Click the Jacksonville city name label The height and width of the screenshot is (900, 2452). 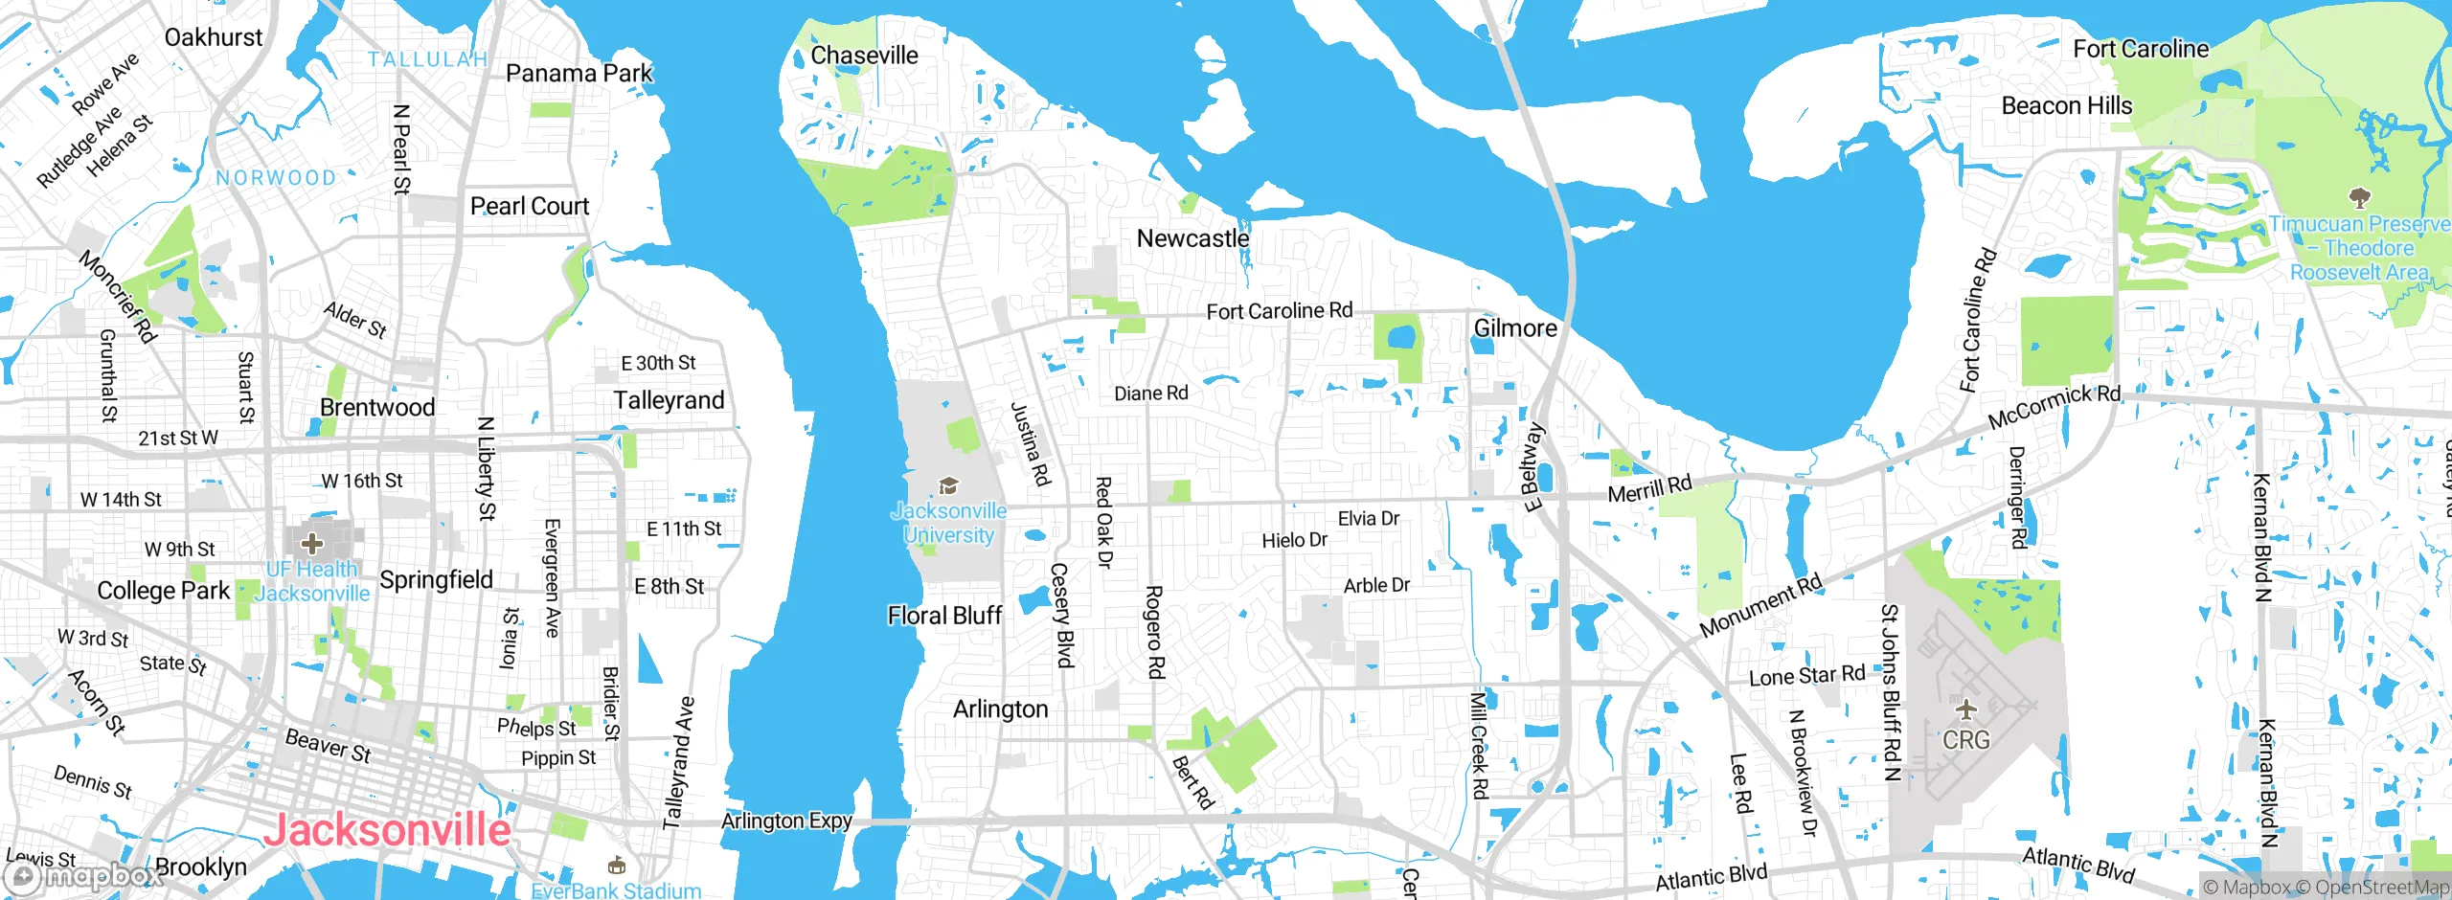click(387, 829)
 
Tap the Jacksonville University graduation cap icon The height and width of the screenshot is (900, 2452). click(948, 486)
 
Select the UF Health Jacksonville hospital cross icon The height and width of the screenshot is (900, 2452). click(311, 544)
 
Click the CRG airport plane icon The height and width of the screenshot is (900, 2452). click(1966, 710)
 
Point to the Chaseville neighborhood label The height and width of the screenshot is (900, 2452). click(864, 56)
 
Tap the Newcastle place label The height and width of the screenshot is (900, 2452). click(1192, 238)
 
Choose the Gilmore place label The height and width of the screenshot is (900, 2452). click(1515, 328)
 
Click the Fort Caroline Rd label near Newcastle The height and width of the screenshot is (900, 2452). click(1279, 311)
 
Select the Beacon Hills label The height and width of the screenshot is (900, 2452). click(2067, 105)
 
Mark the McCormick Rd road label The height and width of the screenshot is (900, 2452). click(2054, 407)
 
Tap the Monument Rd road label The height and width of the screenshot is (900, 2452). click(1760, 606)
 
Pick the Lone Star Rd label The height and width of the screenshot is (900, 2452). click(1806, 676)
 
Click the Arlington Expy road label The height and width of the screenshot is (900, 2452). click(786, 821)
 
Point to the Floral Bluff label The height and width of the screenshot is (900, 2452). click(944, 616)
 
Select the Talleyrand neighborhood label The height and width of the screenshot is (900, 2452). click(669, 400)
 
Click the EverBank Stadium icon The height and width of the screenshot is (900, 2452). click(617, 866)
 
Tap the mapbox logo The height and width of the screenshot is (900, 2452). click(82, 875)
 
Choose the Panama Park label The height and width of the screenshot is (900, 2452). click(579, 73)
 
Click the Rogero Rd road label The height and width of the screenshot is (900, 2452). click(1155, 632)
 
